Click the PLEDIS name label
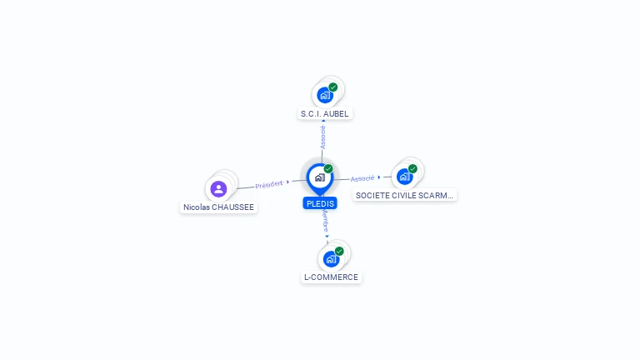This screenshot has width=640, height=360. pos(320,203)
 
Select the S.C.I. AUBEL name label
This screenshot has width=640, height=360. pos(324,114)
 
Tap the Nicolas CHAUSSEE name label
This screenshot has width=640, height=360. pos(218,207)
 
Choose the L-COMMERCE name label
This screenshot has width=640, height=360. pos(331,277)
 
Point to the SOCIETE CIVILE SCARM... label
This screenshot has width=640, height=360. pos(404,196)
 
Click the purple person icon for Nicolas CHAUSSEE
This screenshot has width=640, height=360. pos(219,189)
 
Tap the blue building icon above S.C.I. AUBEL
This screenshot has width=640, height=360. pos(325,96)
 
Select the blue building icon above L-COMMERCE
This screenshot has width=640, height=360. pos(331,259)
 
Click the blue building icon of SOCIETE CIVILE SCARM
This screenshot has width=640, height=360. pos(404,177)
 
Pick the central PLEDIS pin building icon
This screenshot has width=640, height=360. pos(320,177)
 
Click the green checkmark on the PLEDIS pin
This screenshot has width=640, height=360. pos(328,168)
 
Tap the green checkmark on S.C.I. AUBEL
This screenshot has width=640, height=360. pos(333,87)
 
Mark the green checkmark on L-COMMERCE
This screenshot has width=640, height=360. pos(339,251)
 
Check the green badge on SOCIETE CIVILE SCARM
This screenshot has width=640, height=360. pos(412,168)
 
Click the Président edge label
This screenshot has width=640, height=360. pos(269,184)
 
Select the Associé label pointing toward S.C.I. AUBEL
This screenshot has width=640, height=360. pos(322,137)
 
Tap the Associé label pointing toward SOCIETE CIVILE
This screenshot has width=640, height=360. pos(362,178)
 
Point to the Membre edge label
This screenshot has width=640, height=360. pos(325,220)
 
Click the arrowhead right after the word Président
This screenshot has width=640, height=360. pos(287,182)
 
